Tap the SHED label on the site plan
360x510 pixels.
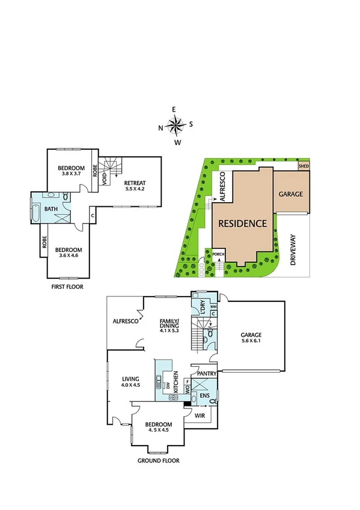304,165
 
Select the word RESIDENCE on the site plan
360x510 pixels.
242,223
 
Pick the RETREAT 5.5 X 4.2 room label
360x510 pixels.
135,185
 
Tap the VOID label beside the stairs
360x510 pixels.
105,179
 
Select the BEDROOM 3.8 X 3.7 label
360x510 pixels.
71,171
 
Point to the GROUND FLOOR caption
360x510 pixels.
159,461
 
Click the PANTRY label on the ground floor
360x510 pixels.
203,373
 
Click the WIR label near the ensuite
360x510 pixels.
200,414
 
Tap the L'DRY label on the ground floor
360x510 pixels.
202,307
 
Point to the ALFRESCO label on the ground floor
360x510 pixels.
126,322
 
